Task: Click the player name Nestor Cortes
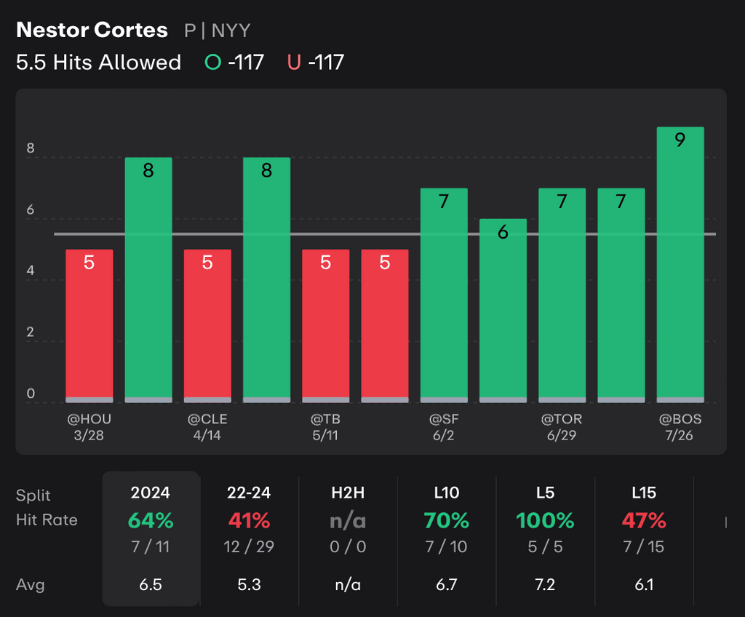tap(92, 31)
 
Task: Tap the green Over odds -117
tap(234, 63)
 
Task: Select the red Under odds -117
tap(316, 63)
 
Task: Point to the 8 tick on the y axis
tap(31, 149)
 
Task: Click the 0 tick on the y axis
tap(31, 394)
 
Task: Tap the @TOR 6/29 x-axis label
tap(562, 427)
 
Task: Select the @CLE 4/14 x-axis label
tap(207, 427)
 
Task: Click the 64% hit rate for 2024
tap(151, 521)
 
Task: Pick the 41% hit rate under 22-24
tap(250, 521)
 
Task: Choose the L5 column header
tap(545, 493)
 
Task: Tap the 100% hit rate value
tap(545, 521)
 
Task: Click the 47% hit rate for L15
tap(644, 521)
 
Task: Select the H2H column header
tap(348, 493)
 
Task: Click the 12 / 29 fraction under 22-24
tap(250, 546)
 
